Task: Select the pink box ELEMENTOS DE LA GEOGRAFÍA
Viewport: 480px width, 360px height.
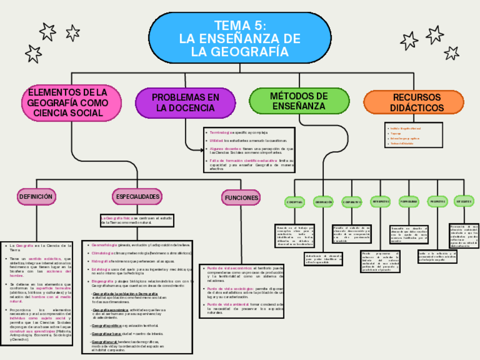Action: [71, 102]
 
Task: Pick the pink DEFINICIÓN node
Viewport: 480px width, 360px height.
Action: [37, 196]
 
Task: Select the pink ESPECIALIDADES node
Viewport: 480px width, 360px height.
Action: [138, 196]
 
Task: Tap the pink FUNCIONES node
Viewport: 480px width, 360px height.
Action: [242, 198]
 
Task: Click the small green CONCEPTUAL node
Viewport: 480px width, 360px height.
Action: [295, 202]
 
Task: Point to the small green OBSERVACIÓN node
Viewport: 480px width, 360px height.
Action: [323, 202]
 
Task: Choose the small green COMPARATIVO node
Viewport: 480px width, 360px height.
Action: [352, 202]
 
